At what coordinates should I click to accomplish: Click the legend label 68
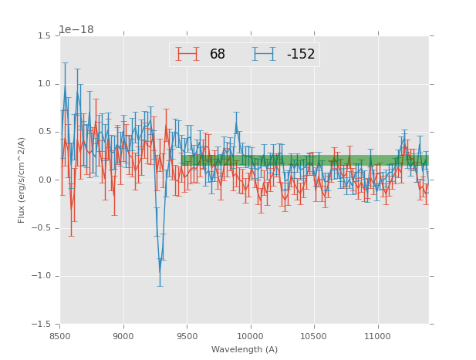[x=218, y=55]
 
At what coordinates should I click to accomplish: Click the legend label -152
[x=301, y=55]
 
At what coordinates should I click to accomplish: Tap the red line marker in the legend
[x=187, y=55]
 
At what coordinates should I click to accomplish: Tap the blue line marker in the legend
[x=265, y=55]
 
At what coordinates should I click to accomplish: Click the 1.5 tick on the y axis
[x=45, y=36]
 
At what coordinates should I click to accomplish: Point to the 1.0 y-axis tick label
[x=45, y=84]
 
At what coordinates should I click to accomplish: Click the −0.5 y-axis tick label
[x=42, y=228]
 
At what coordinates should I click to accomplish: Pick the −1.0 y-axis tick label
[x=42, y=276]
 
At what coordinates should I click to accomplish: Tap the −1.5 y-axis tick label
[x=42, y=325]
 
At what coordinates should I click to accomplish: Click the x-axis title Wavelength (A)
[x=245, y=350]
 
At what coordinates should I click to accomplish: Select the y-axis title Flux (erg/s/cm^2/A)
[x=22, y=180]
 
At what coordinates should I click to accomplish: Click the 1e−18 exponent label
[x=76, y=30]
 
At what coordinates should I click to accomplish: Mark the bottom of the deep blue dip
[x=160, y=272]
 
